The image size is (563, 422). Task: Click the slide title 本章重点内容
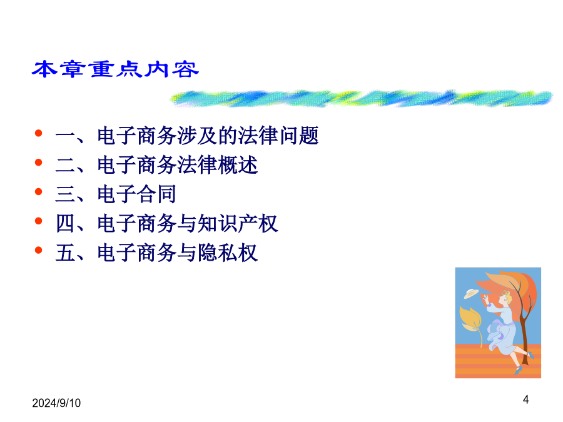(x=115, y=69)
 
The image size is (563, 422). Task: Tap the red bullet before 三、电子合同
(x=38, y=192)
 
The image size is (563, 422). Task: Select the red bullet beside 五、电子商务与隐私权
(x=38, y=250)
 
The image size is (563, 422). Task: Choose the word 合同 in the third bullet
(x=157, y=194)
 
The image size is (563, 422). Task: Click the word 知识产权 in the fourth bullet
(x=238, y=224)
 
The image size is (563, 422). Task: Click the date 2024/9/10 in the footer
(x=56, y=403)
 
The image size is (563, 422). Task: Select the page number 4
(x=525, y=399)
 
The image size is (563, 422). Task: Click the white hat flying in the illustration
(x=470, y=294)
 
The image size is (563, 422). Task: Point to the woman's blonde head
(x=505, y=298)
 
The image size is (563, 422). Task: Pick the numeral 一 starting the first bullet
(x=65, y=136)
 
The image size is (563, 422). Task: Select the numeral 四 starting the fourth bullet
(x=65, y=224)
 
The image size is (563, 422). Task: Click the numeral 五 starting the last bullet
(x=65, y=253)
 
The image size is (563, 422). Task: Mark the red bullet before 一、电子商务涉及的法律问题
(x=38, y=133)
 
